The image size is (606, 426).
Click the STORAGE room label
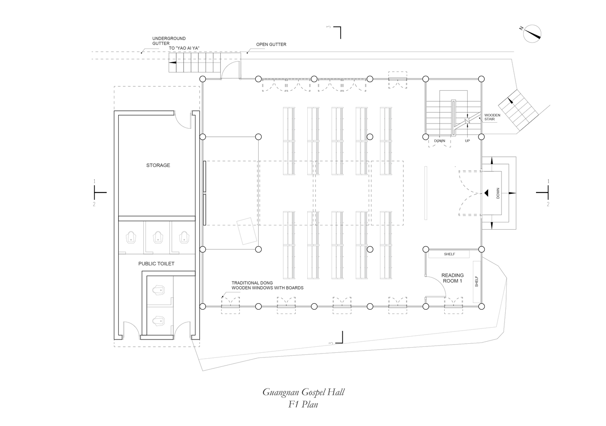pyautogui.click(x=158, y=165)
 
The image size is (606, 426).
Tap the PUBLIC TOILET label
pyautogui.click(x=156, y=264)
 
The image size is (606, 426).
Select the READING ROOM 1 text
pyautogui.click(x=452, y=278)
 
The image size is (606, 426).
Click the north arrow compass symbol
pyautogui.click(x=532, y=34)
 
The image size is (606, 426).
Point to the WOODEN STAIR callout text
pyautogui.click(x=492, y=117)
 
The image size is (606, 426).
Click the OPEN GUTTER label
pyautogui.click(x=271, y=45)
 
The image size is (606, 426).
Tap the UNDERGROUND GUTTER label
pyautogui.click(x=169, y=41)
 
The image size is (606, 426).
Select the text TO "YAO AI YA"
pyautogui.click(x=184, y=48)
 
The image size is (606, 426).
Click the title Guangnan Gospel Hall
pyautogui.click(x=303, y=392)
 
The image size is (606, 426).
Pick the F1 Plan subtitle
pyautogui.click(x=303, y=404)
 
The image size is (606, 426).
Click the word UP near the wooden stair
pyautogui.click(x=467, y=141)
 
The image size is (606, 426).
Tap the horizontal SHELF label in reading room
pyautogui.click(x=449, y=254)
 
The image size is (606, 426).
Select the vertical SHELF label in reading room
pyautogui.click(x=476, y=282)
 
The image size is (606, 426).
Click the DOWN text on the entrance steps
pyautogui.click(x=498, y=193)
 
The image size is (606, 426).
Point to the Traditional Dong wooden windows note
pyautogui.click(x=267, y=285)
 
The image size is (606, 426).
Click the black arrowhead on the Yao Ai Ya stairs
pyautogui.click(x=172, y=62)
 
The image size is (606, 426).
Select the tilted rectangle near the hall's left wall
pyautogui.click(x=247, y=231)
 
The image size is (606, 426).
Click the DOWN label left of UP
pyautogui.click(x=440, y=141)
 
